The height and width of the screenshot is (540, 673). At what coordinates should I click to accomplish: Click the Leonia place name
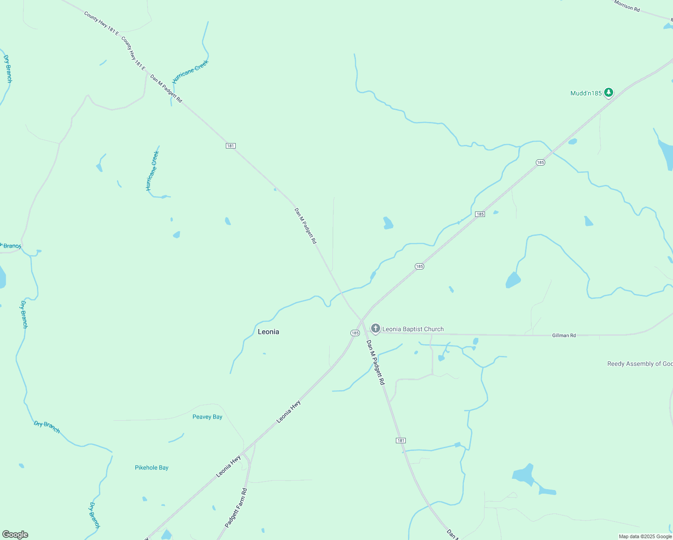pyautogui.click(x=268, y=332)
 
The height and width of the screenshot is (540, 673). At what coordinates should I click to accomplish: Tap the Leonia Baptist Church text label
pyautogui.click(x=413, y=329)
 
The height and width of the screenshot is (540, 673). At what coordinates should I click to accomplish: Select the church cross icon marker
pyautogui.click(x=375, y=328)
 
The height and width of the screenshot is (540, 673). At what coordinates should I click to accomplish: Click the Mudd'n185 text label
pyautogui.click(x=586, y=93)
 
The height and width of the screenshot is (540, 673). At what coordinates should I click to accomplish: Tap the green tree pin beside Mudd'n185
pyautogui.click(x=608, y=93)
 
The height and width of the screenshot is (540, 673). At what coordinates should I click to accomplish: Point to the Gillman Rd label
pyautogui.click(x=564, y=335)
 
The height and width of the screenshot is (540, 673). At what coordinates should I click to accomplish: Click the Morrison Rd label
pyautogui.click(x=627, y=6)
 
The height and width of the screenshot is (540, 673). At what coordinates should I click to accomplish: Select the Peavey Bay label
pyautogui.click(x=207, y=417)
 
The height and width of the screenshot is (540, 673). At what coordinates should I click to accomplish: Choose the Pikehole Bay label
pyautogui.click(x=152, y=468)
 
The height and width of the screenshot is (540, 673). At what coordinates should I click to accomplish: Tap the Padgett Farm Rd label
pyautogui.click(x=236, y=508)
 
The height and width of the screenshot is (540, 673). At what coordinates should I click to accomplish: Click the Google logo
pyautogui.click(x=15, y=535)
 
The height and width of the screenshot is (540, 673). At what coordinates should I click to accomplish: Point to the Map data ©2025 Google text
pyautogui.click(x=645, y=536)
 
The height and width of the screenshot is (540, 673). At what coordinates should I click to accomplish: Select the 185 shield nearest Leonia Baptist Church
pyautogui.click(x=355, y=333)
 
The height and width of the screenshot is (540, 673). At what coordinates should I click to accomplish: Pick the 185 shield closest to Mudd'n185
pyautogui.click(x=540, y=162)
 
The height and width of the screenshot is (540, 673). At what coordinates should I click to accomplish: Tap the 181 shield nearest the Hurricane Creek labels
pyautogui.click(x=230, y=146)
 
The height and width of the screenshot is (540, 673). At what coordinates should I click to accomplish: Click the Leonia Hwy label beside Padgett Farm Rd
pyautogui.click(x=228, y=466)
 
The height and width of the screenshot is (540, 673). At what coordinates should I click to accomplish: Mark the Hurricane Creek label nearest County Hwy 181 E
pyautogui.click(x=191, y=71)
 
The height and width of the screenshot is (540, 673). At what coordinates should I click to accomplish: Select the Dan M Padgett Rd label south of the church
pyautogui.click(x=376, y=362)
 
